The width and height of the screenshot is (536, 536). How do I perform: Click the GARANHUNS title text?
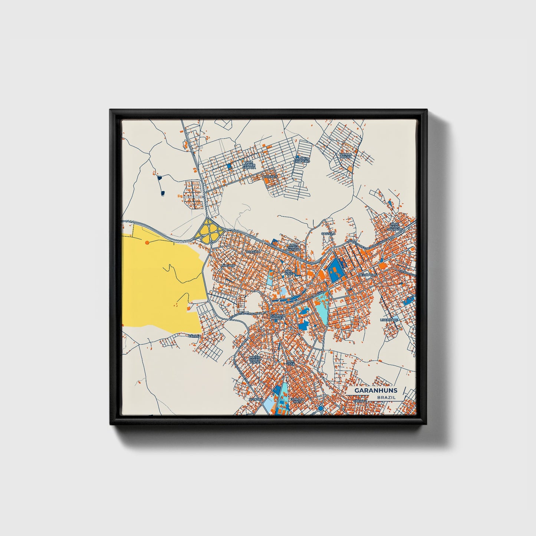[375, 391]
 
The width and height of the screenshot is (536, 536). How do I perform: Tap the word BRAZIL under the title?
[386, 397]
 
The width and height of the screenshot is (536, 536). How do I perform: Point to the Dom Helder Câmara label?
[249, 165]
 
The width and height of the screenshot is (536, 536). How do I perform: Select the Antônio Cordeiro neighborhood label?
[301, 160]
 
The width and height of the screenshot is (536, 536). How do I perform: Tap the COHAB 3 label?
[270, 177]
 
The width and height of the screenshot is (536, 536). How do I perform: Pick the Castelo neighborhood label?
[328, 234]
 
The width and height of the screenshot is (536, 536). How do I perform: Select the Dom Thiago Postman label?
[294, 247]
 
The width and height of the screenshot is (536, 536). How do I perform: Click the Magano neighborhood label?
[228, 266]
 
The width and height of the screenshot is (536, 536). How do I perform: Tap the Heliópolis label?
[368, 275]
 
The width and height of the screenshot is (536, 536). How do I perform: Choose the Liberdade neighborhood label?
[389, 319]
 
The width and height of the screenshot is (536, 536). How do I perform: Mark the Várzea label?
[194, 336]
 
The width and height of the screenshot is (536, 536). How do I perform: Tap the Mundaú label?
[256, 399]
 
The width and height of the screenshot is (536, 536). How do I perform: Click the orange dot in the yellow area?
[147, 242]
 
